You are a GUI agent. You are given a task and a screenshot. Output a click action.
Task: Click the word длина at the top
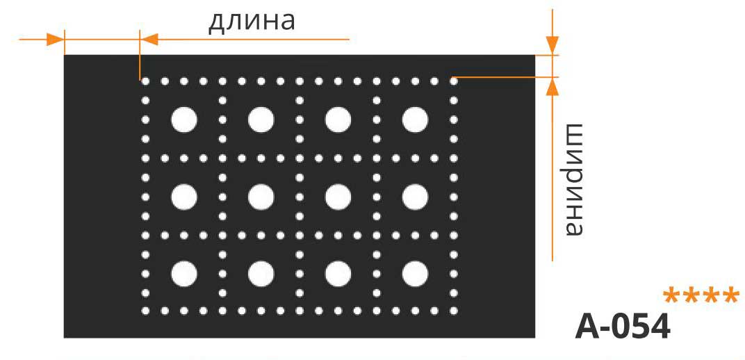[x=252, y=22]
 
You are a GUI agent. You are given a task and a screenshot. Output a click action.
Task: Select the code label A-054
[x=623, y=327]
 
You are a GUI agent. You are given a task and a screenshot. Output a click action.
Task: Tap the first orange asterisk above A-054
[x=672, y=296]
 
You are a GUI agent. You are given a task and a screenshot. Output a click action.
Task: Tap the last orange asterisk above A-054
[x=730, y=296]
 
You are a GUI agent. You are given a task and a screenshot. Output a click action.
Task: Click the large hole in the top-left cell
[x=184, y=120]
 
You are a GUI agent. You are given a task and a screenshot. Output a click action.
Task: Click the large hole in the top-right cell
[x=416, y=120]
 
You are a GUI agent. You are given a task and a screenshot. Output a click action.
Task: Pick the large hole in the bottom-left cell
[x=184, y=274]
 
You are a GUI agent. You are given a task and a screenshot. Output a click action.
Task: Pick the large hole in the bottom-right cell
[x=416, y=274]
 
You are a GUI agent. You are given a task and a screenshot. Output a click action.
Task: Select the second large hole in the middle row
[x=261, y=197]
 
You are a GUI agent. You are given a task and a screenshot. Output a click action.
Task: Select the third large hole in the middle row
[x=338, y=197]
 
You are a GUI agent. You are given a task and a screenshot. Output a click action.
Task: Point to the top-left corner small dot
[x=145, y=81]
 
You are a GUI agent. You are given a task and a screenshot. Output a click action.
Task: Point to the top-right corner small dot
[x=454, y=81]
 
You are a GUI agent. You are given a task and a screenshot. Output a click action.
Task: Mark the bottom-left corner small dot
[x=145, y=311]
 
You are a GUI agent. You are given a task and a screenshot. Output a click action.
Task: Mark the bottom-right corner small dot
[x=454, y=311]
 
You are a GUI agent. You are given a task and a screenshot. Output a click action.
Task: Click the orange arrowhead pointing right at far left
[x=55, y=40]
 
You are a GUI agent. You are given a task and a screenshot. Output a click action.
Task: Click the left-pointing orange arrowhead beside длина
[x=149, y=40]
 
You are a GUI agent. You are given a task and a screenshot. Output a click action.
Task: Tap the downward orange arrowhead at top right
[x=552, y=46]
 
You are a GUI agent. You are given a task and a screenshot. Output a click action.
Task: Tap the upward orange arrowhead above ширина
[x=552, y=86]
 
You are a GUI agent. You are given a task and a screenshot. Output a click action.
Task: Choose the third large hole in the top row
[x=338, y=120]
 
